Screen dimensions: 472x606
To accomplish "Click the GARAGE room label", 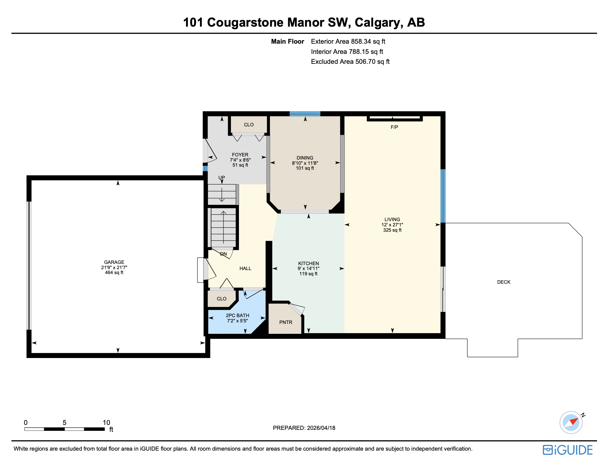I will tap(114, 262).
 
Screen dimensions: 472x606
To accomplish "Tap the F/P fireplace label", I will tap(394, 127).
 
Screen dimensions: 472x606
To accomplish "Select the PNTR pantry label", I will tap(285, 322).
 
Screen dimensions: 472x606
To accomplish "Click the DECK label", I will tap(504, 282).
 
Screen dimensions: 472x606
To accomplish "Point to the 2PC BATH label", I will tap(237, 316).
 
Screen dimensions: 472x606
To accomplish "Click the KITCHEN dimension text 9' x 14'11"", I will tap(308, 269).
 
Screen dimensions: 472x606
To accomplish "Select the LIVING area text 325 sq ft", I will tap(392, 230).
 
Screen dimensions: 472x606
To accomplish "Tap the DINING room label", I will tap(305, 158).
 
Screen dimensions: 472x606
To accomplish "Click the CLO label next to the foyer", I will tap(249, 125).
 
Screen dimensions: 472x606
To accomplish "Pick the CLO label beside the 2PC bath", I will tap(221, 299).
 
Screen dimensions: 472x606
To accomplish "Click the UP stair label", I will tap(222, 178).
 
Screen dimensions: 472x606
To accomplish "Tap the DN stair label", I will tap(223, 254).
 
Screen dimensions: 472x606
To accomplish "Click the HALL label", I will tap(245, 269).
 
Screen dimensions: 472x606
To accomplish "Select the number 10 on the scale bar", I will tap(106, 423).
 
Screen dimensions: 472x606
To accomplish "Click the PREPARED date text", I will tap(304, 428).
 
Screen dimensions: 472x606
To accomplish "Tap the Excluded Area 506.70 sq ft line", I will tap(350, 62).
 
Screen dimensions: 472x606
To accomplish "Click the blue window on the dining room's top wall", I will tap(305, 114).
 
